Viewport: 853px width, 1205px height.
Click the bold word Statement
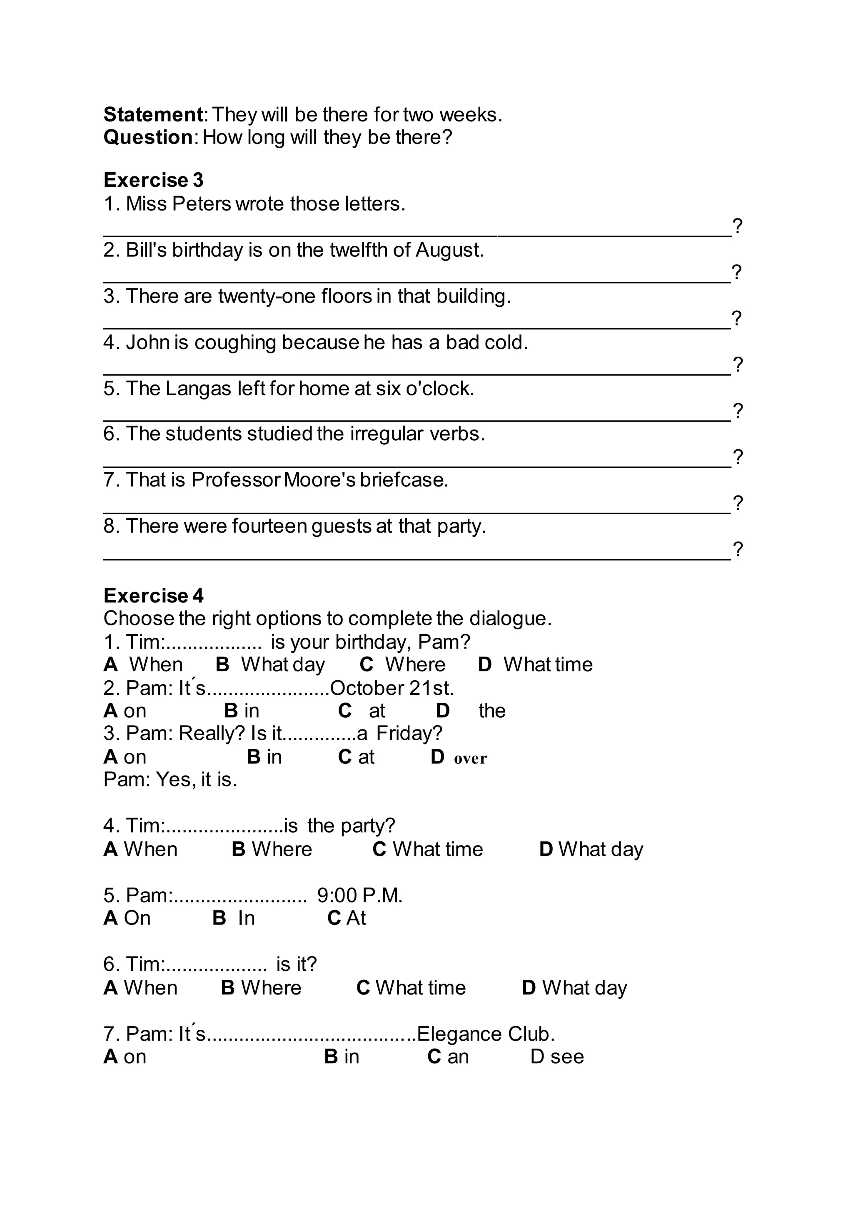(x=153, y=114)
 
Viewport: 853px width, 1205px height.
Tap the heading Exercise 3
(x=153, y=180)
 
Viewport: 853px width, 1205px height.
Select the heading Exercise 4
(x=153, y=596)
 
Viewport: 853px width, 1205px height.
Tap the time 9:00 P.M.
(x=359, y=895)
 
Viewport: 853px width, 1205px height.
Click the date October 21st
(x=392, y=687)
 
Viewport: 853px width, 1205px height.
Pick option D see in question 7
(x=557, y=1056)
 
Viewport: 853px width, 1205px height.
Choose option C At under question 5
(x=347, y=918)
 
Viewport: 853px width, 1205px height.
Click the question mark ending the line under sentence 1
(x=738, y=226)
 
